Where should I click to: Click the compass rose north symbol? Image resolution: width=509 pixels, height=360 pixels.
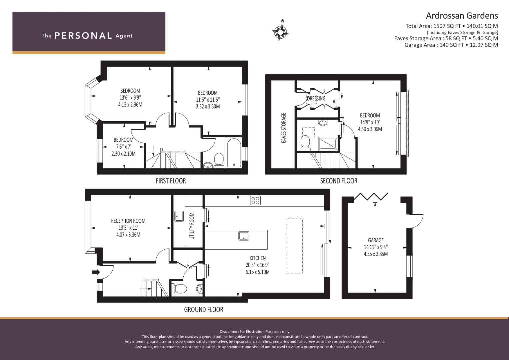tap(280, 30)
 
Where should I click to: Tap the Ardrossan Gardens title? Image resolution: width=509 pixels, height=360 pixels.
tap(462, 16)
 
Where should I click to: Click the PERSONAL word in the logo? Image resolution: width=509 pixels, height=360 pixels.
tap(83, 35)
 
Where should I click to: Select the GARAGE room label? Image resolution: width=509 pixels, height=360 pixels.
tap(376, 240)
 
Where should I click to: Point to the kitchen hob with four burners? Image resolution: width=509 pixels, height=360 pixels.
tap(255, 200)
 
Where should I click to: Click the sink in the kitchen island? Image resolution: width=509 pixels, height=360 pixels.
tap(244, 236)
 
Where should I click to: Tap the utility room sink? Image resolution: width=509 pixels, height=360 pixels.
tap(179, 216)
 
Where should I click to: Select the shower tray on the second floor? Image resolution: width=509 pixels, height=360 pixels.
tap(328, 144)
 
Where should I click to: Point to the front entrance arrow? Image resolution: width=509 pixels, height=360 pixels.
tap(96, 272)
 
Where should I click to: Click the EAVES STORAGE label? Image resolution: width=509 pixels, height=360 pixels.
tap(284, 128)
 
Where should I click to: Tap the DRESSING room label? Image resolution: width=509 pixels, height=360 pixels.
tap(316, 98)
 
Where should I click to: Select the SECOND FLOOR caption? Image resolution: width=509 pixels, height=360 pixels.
tap(339, 181)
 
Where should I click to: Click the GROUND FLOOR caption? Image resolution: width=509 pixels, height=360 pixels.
tap(204, 310)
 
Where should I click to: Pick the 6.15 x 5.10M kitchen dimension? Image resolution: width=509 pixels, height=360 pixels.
tap(257, 272)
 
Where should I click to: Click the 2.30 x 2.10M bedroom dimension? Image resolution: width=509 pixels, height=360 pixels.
tap(123, 154)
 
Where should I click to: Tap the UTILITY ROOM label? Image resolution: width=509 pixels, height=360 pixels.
tap(192, 226)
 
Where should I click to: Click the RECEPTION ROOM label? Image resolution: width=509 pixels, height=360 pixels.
tap(128, 221)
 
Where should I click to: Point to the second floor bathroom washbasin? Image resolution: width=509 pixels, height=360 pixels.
tap(322, 123)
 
